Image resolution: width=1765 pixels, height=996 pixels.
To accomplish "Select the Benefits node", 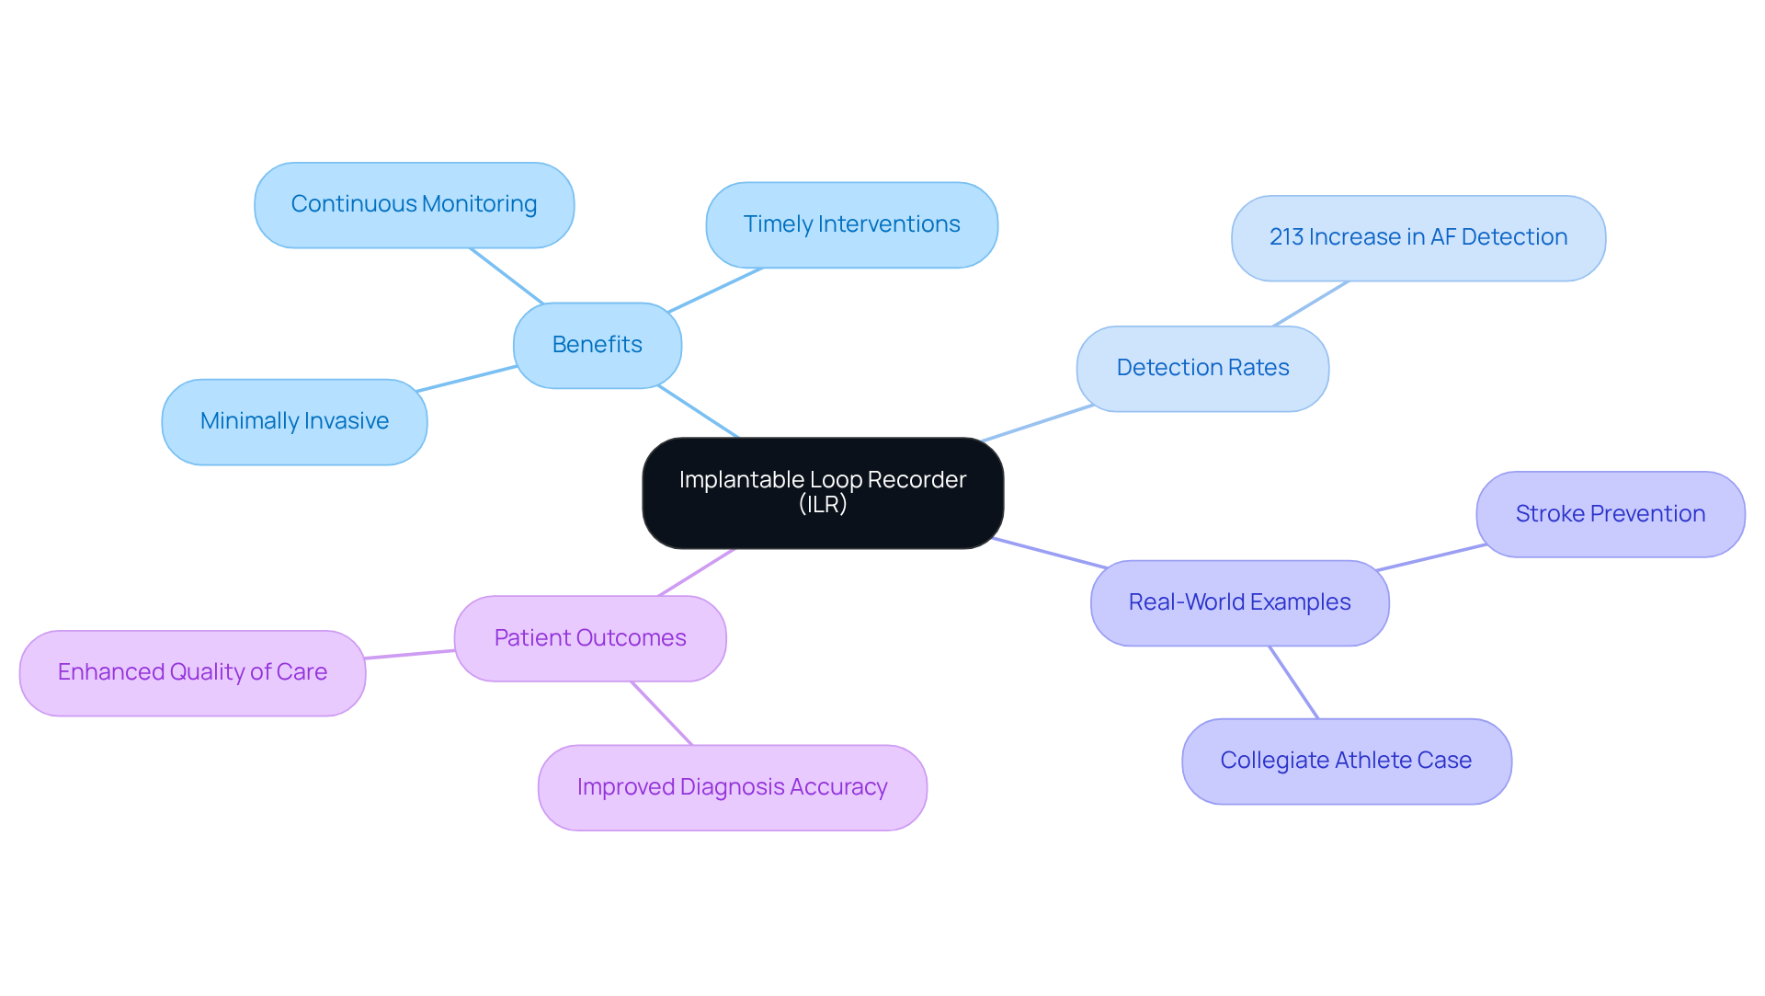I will [x=597, y=345].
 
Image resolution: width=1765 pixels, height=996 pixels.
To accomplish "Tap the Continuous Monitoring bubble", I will [x=414, y=204].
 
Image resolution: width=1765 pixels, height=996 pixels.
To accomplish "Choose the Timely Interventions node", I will [x=851, y=224].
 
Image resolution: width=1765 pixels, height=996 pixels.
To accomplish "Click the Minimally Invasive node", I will [x=294, y=421].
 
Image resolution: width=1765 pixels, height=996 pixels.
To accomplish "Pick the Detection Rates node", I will [x=1201, y=368].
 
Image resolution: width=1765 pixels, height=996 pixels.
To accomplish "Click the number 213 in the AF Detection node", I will [x=1286, y=237].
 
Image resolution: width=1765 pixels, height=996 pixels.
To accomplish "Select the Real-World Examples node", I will [x=1239, y=602].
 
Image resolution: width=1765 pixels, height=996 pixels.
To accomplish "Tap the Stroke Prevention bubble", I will [x=1610, y=514].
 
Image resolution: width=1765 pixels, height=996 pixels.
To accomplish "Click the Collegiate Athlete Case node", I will [x=1346, y=761].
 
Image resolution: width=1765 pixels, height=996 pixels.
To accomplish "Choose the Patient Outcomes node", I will [x=589, y=638].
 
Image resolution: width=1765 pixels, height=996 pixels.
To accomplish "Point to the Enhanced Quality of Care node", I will [x=192, y=672].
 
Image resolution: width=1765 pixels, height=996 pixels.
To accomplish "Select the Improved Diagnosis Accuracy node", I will [x=732, y=787].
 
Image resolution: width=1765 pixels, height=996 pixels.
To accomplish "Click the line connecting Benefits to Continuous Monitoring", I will [x=507, y=276].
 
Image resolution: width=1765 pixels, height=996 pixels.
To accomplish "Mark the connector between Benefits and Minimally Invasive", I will [x=467, y=379].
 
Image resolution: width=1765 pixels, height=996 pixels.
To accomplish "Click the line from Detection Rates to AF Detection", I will [x=1311, y=303].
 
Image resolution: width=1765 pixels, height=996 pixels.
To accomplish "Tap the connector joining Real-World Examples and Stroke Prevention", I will [x=1432, y=557].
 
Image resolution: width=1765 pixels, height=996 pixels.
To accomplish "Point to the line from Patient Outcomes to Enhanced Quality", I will [x=410, y=654].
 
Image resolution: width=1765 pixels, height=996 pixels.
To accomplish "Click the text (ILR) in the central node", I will [x=822, y=504].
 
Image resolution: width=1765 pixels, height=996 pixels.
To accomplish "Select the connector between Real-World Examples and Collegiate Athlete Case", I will [x=1293, y=682].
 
